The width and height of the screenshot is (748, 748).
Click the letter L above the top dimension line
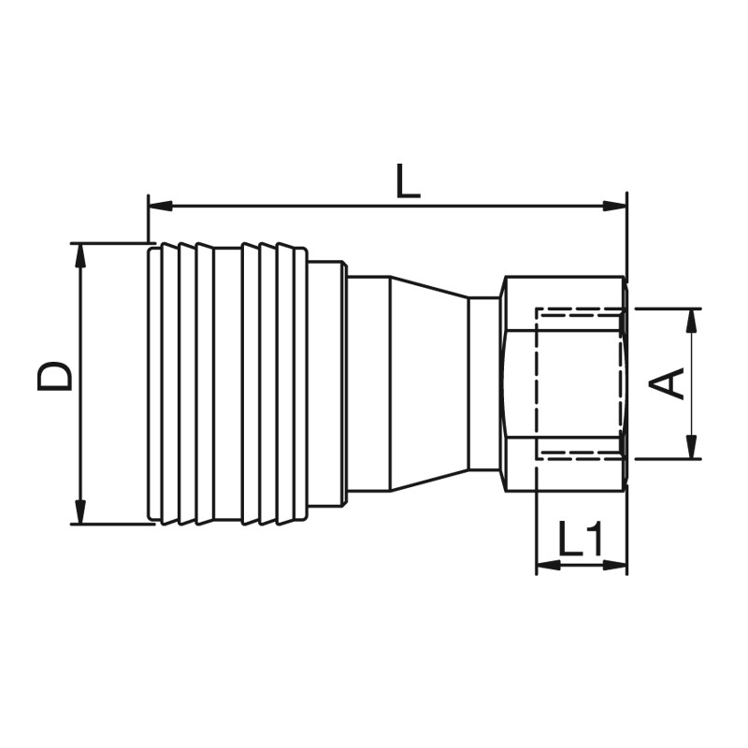coord(408,180)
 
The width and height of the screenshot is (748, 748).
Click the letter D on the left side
coord(55,376)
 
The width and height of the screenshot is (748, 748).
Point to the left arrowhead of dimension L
coord(160,206)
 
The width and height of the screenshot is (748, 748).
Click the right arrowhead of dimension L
coord(615,206)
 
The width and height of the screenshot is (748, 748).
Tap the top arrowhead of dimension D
coord(80,255)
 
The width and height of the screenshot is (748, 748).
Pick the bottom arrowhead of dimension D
coord(80,512)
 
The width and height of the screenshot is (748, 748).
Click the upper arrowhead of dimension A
coord(691,321)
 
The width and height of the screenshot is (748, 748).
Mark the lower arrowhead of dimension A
coord(691,447)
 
